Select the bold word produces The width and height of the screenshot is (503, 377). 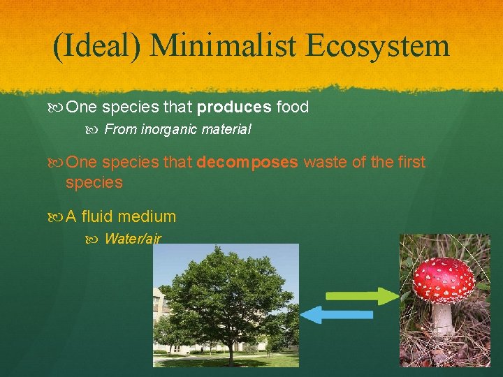235,108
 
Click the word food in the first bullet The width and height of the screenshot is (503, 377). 293,108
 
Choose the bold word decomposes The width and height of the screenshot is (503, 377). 248,162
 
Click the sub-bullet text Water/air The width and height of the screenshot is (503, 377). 133,239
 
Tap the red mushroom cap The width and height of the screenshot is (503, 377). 443,279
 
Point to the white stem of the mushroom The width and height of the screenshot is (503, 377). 442,320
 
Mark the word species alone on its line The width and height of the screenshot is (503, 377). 94,183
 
